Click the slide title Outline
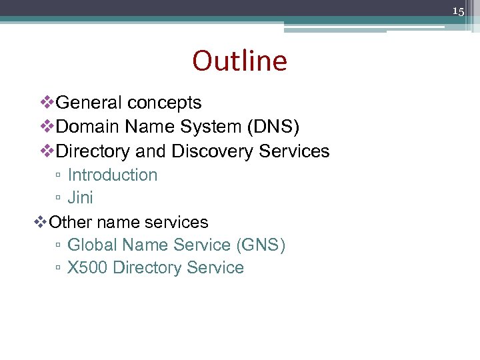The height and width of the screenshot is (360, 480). point(239,61)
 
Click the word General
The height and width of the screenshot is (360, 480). point(89,103)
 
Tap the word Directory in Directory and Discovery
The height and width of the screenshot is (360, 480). point(94,151)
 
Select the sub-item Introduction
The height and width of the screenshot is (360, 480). point(113,175)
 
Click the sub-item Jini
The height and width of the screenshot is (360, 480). point(81,198)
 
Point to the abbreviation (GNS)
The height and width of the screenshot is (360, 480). point(261,245)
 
